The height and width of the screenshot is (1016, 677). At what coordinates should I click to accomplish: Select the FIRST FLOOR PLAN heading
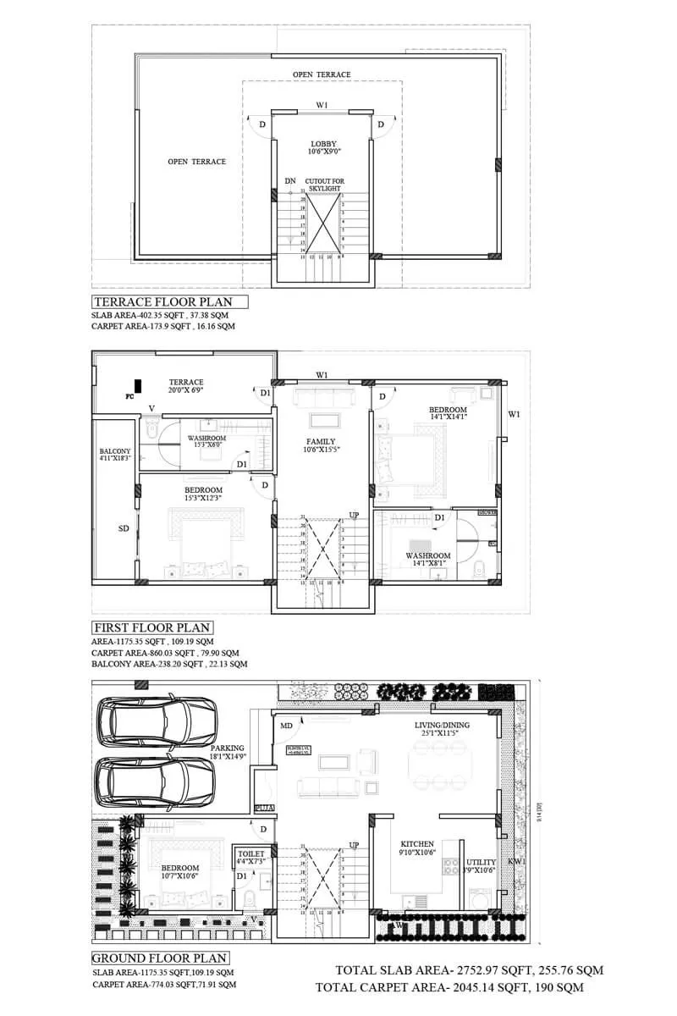click(x=152, y=628)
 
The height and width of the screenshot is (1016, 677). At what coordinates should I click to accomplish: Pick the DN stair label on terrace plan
click(x=289, y=181)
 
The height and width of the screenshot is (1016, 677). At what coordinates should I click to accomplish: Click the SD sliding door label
click(x=124, y=527)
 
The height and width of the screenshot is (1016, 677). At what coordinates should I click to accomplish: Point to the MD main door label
click(x=287, y=726)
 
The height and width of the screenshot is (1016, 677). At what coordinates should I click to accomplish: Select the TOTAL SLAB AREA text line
click(x=470, y=970)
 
